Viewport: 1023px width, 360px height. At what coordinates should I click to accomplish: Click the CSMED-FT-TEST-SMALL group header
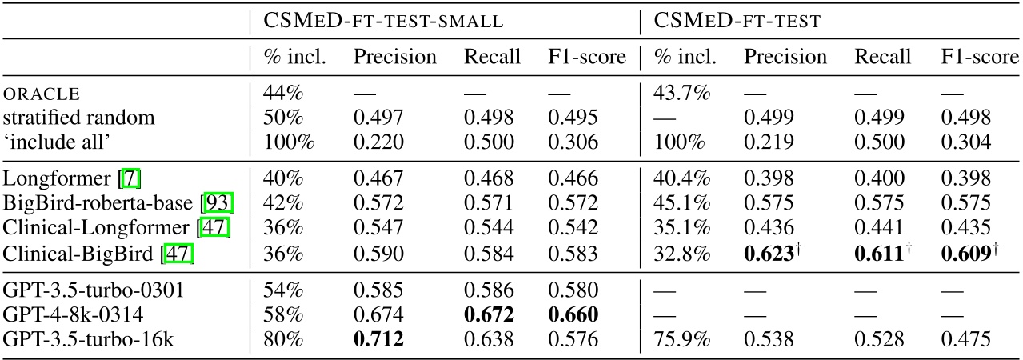pyautogui.click(x=383, y=22)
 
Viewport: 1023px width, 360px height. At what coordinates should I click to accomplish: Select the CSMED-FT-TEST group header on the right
pyautogui.click(x=737, y=22)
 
